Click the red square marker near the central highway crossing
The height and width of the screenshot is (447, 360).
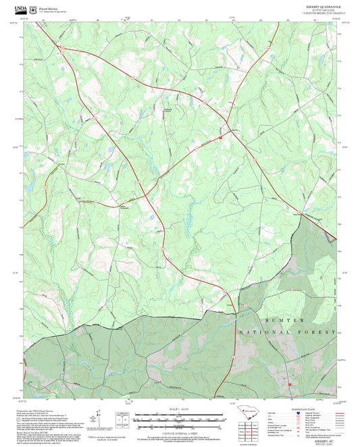(220, 138)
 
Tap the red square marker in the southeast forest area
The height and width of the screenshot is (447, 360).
(290, 384)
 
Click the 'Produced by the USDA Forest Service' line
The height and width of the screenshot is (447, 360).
(38, 411)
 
